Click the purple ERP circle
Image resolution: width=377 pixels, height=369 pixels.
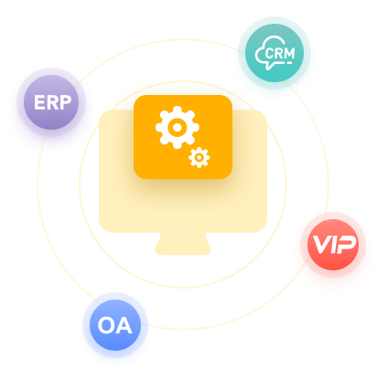tap(51, 102)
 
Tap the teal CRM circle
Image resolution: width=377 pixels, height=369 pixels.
tap(275, 53)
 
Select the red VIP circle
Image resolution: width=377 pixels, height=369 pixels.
tap(333, 245)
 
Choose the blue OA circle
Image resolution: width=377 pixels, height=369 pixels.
tap(115, 325)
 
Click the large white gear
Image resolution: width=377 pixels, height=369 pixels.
tap(178, 127)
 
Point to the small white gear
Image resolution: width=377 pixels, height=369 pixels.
tap(199, 157)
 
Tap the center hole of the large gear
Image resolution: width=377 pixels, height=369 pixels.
tap(178, 127)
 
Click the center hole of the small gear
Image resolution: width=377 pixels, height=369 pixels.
tap(199, 157)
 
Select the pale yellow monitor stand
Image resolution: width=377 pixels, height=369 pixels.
tap(183, 244)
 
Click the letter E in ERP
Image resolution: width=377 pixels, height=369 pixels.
tap(39, 102)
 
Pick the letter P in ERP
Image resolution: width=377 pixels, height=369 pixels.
tap(66, 102)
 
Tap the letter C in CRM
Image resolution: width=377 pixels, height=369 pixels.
tap(269, 53)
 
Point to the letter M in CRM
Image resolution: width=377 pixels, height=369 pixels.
tap(288, 53)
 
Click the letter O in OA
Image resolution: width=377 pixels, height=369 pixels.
tap(106, 325)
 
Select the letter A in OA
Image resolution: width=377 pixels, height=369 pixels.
tap(124, 325)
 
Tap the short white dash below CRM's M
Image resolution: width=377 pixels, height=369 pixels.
tap(289, 62)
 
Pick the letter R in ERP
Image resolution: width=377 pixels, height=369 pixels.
tap(52, 102)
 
